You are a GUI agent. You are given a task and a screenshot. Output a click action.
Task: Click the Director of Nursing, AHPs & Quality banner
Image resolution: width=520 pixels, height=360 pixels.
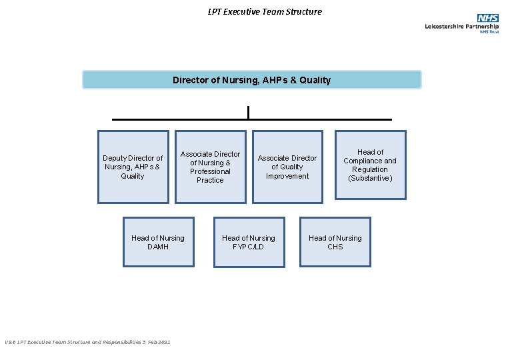251,80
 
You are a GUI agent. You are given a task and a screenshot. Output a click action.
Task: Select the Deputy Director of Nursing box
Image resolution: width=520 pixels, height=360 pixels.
133,167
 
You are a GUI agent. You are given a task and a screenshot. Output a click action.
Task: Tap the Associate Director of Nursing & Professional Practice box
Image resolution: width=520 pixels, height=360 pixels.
210,167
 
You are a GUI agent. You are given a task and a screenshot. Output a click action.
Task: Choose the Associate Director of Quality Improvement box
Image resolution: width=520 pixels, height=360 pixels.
287,167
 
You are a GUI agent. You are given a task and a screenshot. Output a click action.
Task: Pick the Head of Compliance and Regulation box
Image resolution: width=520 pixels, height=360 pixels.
370,165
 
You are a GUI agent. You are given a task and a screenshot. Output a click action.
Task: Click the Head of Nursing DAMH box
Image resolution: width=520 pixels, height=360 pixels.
158,242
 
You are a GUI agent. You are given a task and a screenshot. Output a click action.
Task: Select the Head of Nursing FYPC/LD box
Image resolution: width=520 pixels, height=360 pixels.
248,242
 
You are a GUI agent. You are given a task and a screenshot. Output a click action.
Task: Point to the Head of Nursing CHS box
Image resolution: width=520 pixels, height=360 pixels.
335,242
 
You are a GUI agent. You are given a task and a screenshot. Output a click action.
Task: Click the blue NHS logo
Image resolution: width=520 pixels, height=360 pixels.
488,18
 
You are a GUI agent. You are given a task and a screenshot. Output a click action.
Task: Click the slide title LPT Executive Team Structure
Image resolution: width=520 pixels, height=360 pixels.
265,11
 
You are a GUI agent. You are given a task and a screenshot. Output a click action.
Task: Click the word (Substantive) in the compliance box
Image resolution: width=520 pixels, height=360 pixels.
370,178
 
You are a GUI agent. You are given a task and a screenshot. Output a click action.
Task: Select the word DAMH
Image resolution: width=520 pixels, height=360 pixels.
158,247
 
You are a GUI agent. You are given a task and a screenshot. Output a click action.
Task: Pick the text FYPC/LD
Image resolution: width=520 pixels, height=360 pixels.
248,247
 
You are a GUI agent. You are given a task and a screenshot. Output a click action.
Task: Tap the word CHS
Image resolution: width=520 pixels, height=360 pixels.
335,247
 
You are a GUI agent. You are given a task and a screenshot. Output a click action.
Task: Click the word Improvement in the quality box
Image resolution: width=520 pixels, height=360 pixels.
287,176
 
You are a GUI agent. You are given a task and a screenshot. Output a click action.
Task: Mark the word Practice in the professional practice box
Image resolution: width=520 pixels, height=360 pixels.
210,180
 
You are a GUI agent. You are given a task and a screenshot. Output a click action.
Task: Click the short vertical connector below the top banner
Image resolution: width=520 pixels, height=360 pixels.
248,112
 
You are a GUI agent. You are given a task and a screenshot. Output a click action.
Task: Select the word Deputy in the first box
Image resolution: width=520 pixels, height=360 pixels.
115,158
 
